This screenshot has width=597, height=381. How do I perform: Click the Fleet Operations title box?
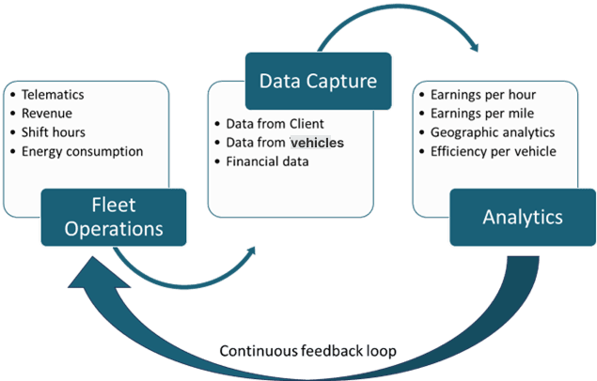114,217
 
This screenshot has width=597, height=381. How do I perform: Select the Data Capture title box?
318,82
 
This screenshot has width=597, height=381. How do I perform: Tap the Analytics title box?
522,217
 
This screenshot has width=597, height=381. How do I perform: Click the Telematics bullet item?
54,95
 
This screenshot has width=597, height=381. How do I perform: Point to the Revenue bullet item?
47,114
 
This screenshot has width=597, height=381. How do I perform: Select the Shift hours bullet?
54,132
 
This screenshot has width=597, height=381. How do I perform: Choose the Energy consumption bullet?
83,151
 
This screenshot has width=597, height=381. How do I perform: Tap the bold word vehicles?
317,143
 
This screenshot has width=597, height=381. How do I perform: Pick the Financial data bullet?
268,161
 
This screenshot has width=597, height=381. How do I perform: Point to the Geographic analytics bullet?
493,132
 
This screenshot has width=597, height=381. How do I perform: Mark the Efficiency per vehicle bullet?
493,151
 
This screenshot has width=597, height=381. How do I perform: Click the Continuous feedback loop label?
307,351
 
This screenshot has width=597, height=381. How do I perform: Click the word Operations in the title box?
114,229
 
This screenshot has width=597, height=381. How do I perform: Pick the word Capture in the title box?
343,82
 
